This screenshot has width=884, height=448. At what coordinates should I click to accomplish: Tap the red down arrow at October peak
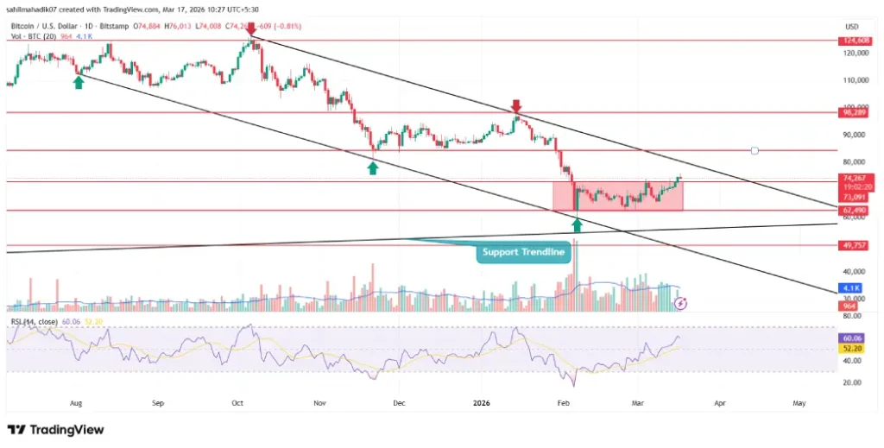(x=251, y=31)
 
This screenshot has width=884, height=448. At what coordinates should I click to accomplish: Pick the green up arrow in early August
(x=79, y=82)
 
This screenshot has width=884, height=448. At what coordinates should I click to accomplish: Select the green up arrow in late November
(x=372, y=167)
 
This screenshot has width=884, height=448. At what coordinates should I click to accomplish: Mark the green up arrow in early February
(x=577, y=225)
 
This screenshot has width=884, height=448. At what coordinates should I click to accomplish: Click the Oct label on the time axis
(x=238, y=402)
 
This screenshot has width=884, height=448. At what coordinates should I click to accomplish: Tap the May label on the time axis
(x=799, y=402)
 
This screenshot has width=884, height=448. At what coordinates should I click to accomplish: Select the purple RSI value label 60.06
(x=854, y=338)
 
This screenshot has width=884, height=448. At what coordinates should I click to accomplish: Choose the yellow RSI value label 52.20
(x=854, y=347)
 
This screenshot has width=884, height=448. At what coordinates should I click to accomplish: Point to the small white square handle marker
(x=755, y=151)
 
